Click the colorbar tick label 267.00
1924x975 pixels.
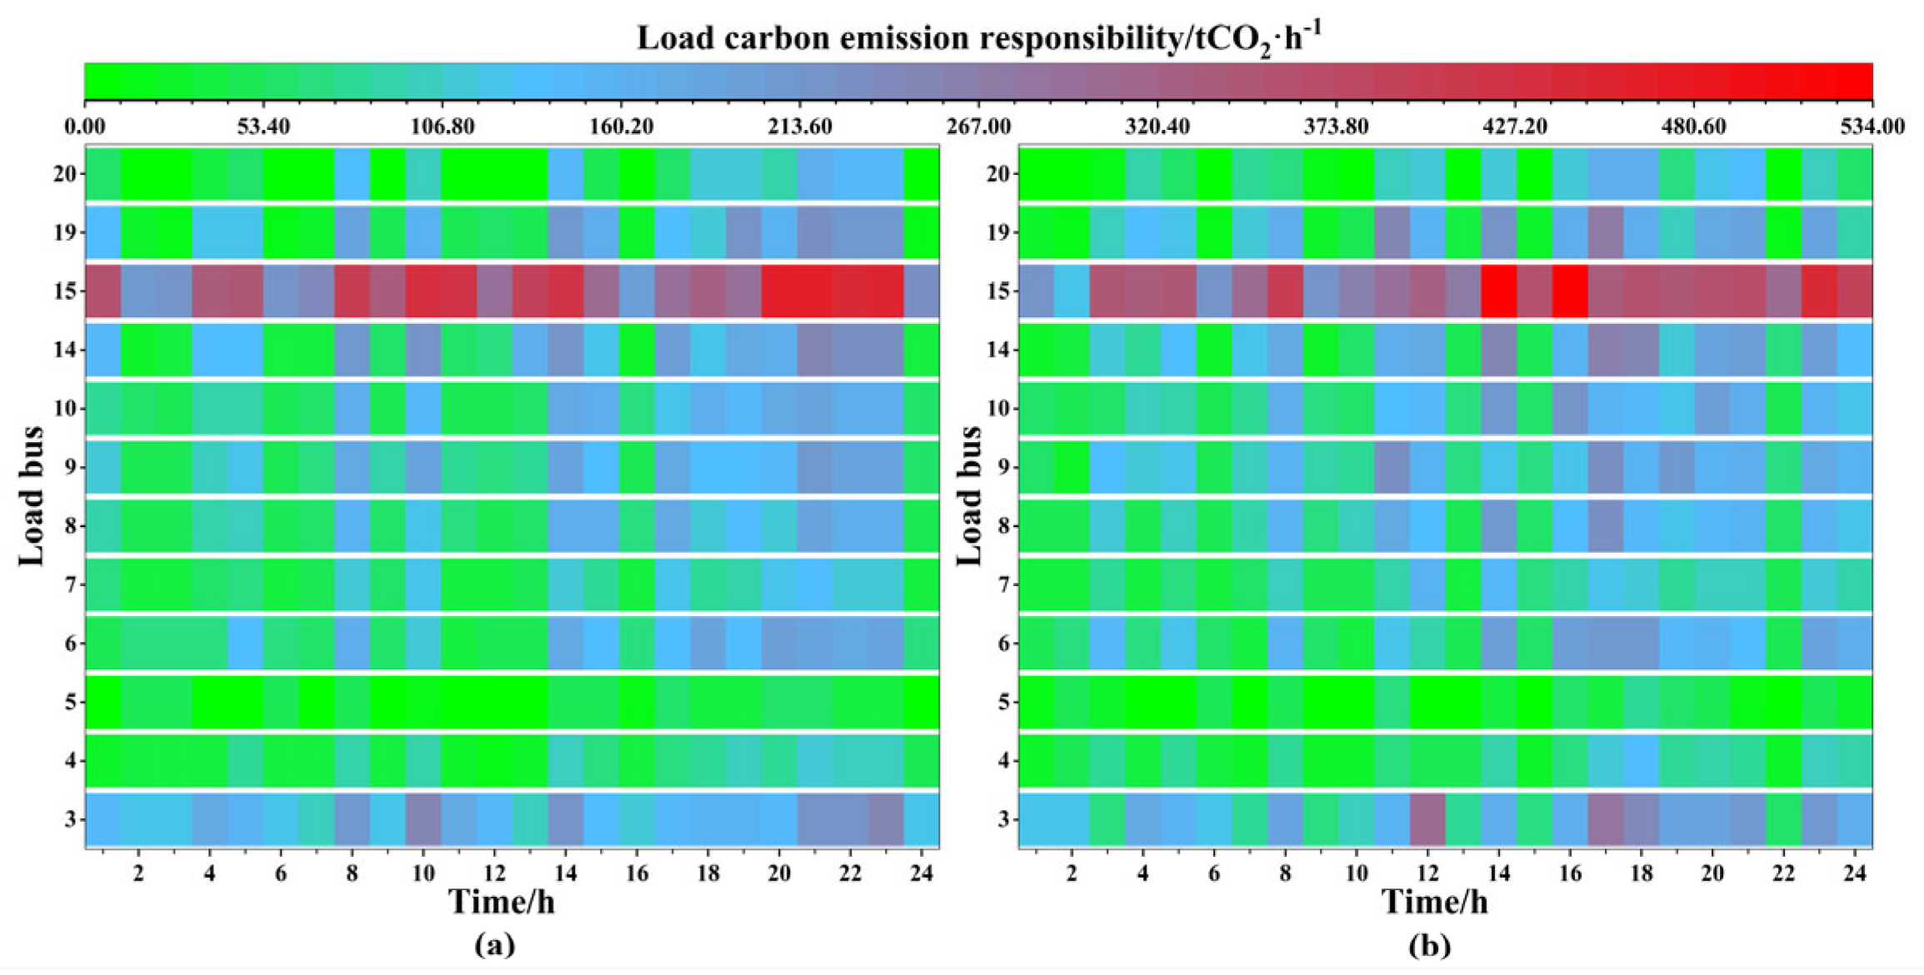978,127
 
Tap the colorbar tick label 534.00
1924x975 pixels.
1872,127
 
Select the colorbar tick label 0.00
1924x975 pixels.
85,127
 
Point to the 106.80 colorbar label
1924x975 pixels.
442,127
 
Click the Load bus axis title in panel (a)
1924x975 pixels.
32,496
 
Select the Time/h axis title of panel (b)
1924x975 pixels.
1434,902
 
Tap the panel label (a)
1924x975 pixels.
495,945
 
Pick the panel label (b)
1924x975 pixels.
1430,945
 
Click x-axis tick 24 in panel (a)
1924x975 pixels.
921,873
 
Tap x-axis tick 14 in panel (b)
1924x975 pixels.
1498,873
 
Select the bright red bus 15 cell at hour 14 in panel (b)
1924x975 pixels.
1498,291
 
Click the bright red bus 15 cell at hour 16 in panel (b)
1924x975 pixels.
1570,291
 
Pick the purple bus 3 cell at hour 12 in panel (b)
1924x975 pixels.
1427,819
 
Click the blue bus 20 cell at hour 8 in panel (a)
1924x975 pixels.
352,174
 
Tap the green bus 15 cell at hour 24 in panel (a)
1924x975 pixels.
921,291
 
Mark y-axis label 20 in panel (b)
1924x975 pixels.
998,174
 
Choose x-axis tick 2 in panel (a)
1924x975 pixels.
138,873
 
